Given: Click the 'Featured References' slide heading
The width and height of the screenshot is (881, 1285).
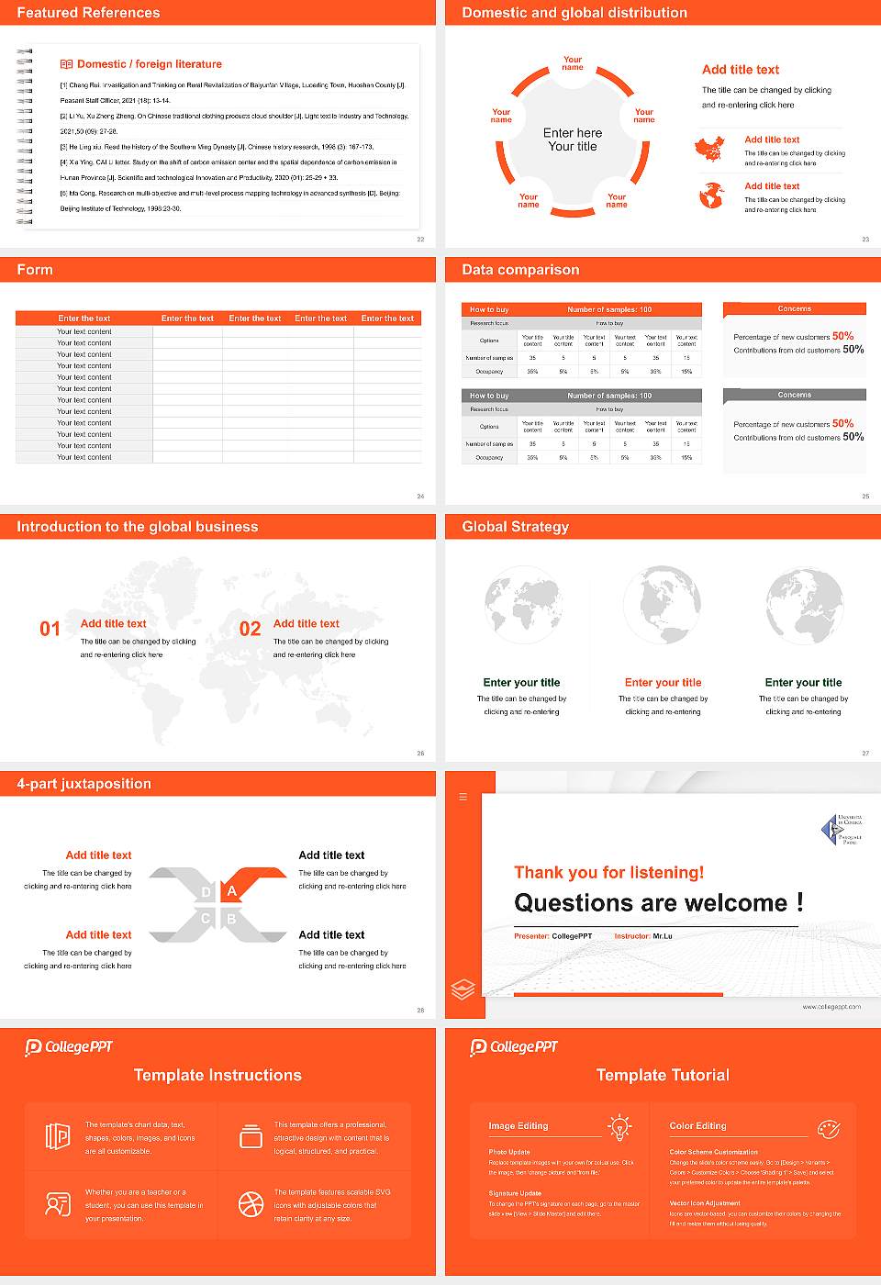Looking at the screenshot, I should pyautogui.click(x=88, y=13).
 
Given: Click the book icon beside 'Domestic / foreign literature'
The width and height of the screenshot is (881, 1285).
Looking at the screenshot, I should pyautogui.click(x=66, y=64).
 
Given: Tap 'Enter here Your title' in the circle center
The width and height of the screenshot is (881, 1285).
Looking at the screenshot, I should pyautogui.click(x=573, y=140).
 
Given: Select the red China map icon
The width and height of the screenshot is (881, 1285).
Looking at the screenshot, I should pyautogui.click(x=709, y=149).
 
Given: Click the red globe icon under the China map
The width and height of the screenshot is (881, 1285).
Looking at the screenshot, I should pyautogui.click(x=711, y=196).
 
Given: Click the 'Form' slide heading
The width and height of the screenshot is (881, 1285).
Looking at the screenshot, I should pyautogui.click(x=35, y=270).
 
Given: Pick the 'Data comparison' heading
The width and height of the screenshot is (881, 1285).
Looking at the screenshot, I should pyautogui.click(x=520, y=270).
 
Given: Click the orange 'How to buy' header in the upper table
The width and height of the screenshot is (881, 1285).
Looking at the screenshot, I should pyautogui.click(x=489, y=309).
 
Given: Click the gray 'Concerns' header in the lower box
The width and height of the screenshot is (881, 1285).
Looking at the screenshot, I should pyautogui.click(x=794, y=395).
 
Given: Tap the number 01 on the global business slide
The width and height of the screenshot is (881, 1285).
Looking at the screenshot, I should pyautogui.click(x=50, y=629).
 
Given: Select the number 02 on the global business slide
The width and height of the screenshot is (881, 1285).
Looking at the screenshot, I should pyautogui.click(x=250, y=629).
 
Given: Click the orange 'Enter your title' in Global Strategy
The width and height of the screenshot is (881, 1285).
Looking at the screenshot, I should pyautogui.click(x=663, y=682).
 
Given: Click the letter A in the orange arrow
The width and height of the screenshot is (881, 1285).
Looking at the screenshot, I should pyautogui.click(x=232, y=891).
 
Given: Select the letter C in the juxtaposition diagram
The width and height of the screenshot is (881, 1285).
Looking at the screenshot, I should pyautogui.click(x=206, y=919).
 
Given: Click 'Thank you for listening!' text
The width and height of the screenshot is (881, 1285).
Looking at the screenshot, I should pyautogui.click(x=609, y=872).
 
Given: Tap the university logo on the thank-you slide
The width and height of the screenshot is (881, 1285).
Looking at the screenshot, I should pyautogui.click(x=840, y=829).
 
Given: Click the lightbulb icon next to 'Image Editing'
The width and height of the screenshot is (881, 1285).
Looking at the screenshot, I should pyautogui.click(x=619, y=1127).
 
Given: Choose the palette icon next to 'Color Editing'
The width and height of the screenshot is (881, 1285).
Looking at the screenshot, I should pyautogui.click(x=828, y=1128).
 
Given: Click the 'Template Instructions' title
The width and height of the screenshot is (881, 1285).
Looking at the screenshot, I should pyautogui.click(x=217, y=1075).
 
